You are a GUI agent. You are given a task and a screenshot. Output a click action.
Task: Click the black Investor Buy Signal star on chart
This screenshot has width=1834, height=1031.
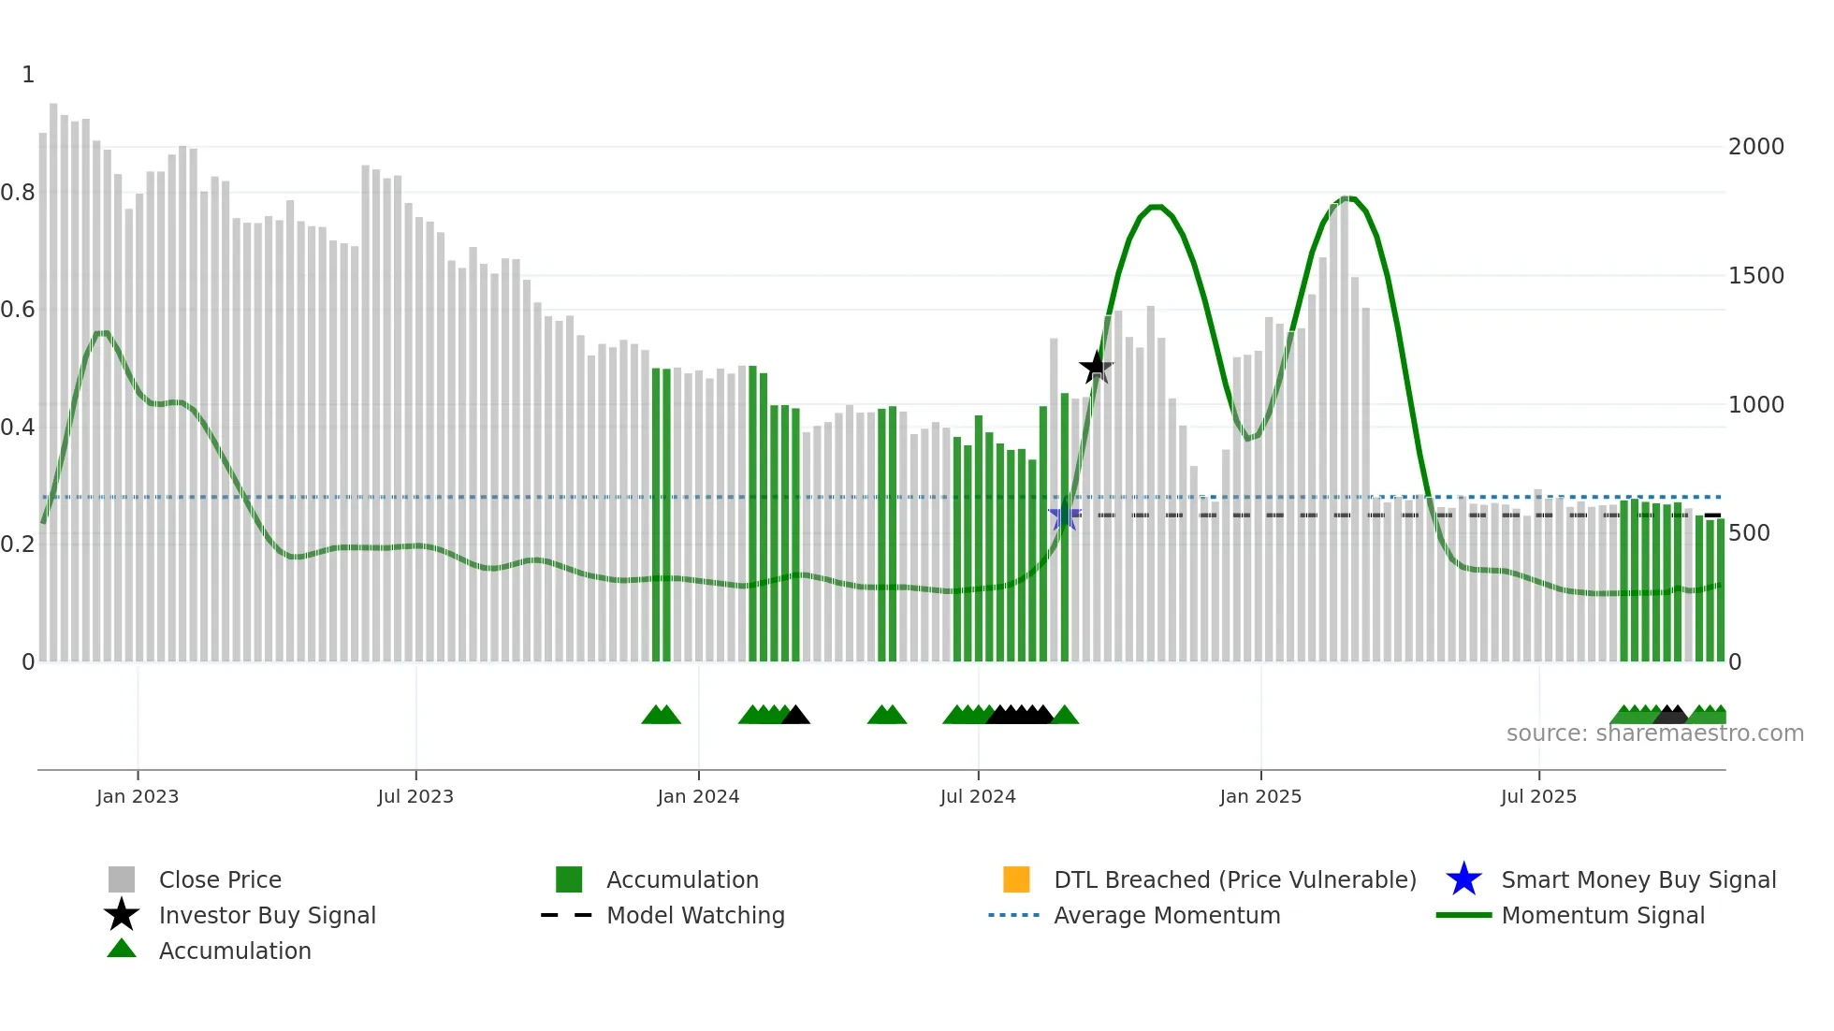(1096, 367)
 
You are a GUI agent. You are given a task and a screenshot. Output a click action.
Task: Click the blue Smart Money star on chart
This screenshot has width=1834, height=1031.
(1064, 515)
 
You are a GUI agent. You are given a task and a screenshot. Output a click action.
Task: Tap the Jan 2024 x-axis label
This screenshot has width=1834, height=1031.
(698, 796)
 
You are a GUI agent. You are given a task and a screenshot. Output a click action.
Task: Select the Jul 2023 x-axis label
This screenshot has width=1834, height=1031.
(415, 796)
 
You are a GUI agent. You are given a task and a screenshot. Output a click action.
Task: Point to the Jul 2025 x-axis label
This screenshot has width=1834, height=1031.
(1538, 796)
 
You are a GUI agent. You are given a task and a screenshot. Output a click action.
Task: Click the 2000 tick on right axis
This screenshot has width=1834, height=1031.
(1755, 147)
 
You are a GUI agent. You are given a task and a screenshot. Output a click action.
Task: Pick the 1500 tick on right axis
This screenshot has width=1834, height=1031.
(1755, 276)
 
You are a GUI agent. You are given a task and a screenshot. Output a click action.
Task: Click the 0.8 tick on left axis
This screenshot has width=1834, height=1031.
(18, 193)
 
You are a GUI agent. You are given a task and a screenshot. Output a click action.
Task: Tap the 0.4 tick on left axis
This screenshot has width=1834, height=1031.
(18, 428)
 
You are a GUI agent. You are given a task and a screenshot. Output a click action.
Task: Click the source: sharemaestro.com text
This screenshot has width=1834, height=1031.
(1654, 733)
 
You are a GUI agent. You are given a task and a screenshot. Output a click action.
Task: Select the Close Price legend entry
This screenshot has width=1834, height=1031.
(220, 879)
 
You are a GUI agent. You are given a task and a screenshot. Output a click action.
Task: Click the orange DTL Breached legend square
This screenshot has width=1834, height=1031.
(1016, 879)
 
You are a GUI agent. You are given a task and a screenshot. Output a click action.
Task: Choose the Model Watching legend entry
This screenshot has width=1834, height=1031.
(695, 915)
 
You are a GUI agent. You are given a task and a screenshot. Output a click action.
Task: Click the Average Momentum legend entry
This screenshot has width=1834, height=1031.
(1167, 915)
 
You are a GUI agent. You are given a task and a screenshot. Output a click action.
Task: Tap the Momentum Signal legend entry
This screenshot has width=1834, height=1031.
(1603, 915)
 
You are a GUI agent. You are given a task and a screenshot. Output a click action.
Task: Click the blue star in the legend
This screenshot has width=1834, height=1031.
(1463, 879)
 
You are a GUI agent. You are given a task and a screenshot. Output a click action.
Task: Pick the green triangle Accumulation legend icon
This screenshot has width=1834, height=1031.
(122, 949)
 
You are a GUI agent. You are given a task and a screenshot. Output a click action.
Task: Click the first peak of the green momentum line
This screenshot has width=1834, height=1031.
(1157, 207)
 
